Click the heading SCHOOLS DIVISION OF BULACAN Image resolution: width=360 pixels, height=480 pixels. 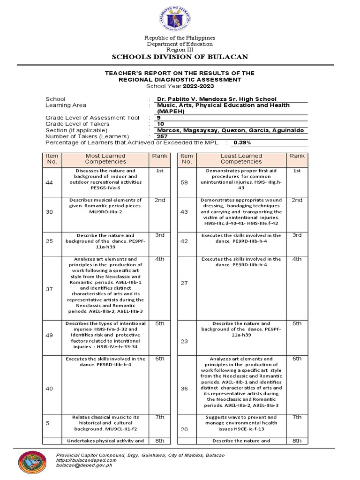click(x=180, y=57)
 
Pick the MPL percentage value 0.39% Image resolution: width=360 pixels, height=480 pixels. click(x=243, y=142)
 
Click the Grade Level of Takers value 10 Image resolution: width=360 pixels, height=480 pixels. click(x=160, y=124)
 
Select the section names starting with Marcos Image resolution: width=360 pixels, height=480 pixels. click(x=230, y=130)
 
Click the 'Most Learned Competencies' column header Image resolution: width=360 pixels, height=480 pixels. click(x=105, y=158)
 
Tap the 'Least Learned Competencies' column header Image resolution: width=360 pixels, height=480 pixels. click(x=241, y=158)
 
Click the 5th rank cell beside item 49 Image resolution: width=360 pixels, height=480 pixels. click(x=160, y=323)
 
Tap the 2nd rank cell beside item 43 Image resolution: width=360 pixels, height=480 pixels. click(x=297, y=200)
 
